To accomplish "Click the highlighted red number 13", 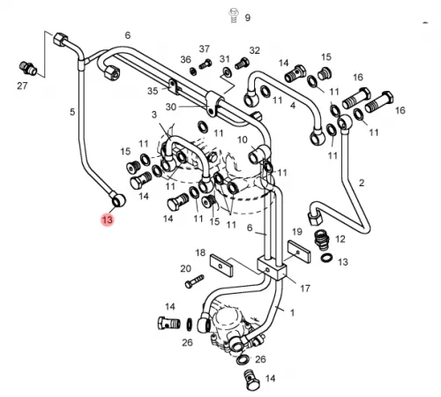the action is tap(107, 220).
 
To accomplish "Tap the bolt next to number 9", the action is tap(234, 16).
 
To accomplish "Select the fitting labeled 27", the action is tap(28, 69).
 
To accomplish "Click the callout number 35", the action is tap(153, 91).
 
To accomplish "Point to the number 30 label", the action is tap(171, 107).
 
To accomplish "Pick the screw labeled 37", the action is tap(206, 64).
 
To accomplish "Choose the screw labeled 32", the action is tap(242, 63).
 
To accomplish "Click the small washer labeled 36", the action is tap(193, 71).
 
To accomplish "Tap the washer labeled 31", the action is tap(227, 71).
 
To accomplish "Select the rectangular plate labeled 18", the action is tap(221, 266).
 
